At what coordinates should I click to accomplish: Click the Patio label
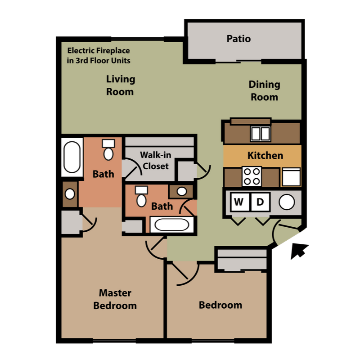point(238,39)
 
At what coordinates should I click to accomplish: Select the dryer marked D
point(260,202)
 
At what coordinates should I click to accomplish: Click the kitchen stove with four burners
point(252,176)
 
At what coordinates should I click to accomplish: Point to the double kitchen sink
point(260,134)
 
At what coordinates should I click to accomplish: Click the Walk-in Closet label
point(155,160)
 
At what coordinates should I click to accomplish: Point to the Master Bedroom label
point(115,299)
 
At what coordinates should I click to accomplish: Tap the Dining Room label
point(264,90)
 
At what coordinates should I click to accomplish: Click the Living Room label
point(120,85)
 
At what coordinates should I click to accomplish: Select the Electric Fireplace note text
point(99,56)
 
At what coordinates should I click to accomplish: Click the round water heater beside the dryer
point(286,202)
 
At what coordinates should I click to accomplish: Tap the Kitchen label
point(265,156)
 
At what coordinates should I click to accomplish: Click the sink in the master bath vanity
point(70,194)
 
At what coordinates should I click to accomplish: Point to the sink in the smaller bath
point(181,191)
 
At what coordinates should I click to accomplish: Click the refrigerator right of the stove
point(291,177)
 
